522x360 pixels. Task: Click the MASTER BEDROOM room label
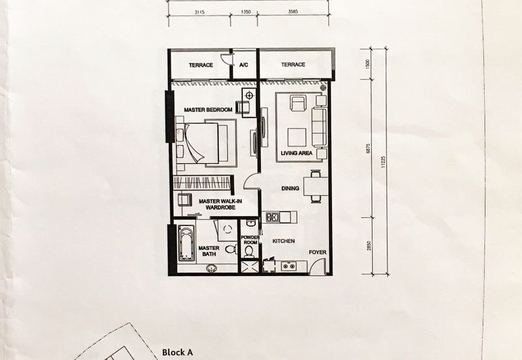208,110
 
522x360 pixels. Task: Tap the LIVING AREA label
297,153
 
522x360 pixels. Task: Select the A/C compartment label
243,65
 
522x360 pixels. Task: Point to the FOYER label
317,252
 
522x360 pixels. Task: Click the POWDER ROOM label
251,240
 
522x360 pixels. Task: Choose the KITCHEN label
284,241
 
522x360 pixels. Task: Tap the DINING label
290,188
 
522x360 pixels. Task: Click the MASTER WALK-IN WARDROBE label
221,204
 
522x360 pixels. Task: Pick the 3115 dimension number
200,12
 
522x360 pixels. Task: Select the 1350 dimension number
245,12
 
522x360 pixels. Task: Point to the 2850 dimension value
369,246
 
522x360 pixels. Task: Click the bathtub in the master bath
186,243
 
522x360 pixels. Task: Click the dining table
315,186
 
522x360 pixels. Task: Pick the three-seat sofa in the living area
320,127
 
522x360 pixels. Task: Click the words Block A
177,352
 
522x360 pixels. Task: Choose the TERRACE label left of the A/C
201,65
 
